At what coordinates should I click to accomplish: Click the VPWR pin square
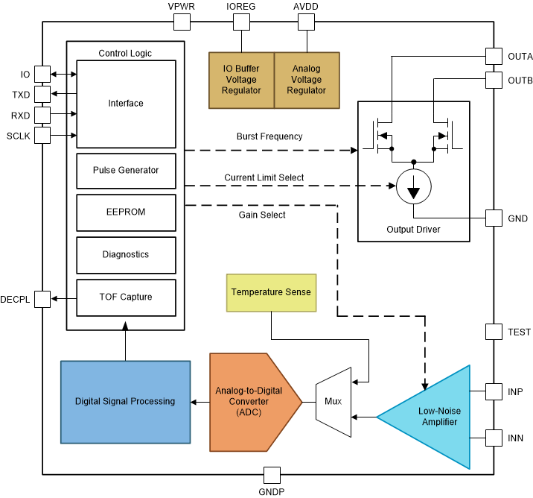[x=182, y=21]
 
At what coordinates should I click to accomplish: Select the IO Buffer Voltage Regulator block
[x=241, y=79]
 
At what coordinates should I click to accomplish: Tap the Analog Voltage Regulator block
[x=307, y=79]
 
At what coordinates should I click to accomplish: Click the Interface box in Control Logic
[x=126, y=104]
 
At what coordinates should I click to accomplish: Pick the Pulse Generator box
[x=126, y=170]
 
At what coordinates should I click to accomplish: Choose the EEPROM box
[x=126, y=212]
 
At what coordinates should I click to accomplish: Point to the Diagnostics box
[x=126, y=255]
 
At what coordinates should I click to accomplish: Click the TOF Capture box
[x=126, y=297]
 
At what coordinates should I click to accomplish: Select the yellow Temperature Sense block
[x=271, y=292]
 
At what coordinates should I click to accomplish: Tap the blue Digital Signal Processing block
[x=125, y=401]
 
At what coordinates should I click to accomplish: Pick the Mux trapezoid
[x=332, y=401]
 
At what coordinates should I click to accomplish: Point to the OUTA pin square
[x=494, y=57]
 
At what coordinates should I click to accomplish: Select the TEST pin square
[x=494, y=332]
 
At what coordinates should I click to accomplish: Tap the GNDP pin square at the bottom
[x=272, y=475]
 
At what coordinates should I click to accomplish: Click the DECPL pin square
[x=42, y=298]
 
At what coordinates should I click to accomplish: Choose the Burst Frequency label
[x=269, y=136]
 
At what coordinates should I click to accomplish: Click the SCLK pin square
[x=42, y=135]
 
